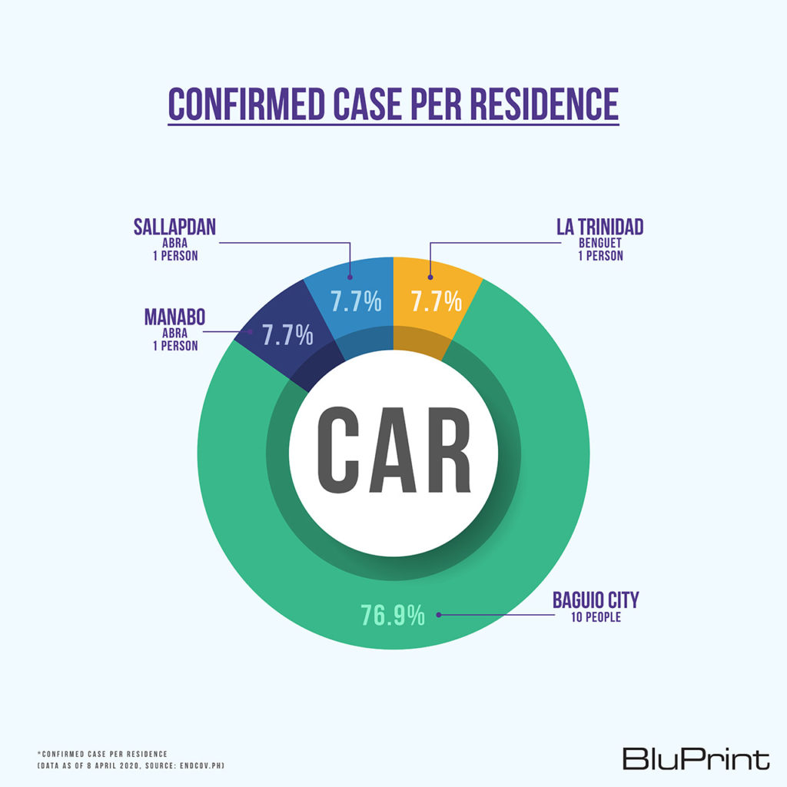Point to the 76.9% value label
[393, 615]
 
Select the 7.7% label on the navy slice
[287, 335]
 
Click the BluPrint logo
[696, 759]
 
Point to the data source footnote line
[131, 766]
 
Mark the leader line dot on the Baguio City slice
[438, 614]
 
